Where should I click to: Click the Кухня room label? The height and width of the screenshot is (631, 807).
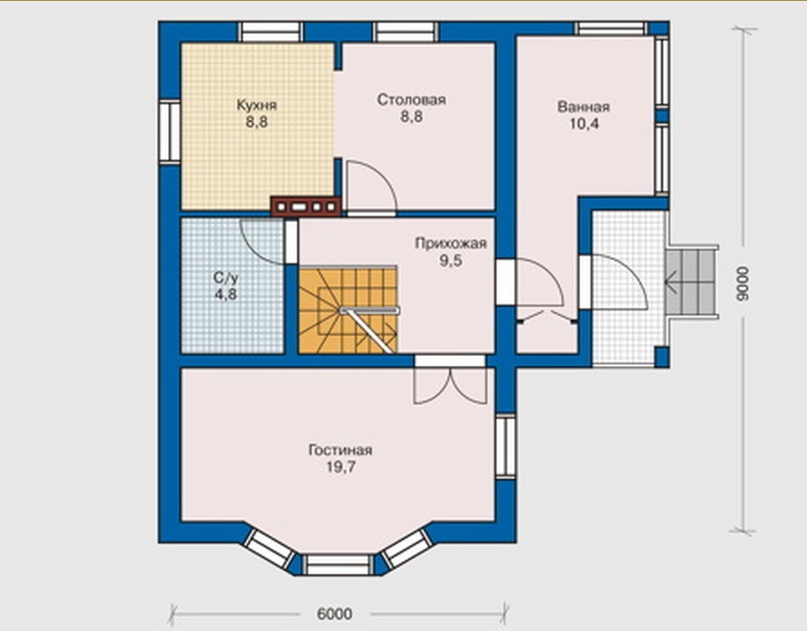click(x=257, y=105)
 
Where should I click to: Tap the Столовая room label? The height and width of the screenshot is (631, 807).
click(x=411, y=99)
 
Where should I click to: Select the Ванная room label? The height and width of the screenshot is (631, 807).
click(x=584, y=107)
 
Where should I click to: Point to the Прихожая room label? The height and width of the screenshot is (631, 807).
click(x=451, y=243)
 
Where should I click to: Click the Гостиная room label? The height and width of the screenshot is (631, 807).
click(x=340, y=450)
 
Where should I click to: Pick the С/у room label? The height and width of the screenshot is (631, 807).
click(x=226, y=278)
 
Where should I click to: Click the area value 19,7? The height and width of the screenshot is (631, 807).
click(x=341, y=467)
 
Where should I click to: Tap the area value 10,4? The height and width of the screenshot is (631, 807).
click(x=584, y=124)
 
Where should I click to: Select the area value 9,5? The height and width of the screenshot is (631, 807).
click(x=451, y=261)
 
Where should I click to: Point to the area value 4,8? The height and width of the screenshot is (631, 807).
click(x=226, y=294)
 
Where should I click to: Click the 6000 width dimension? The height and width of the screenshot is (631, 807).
click(x=334, y=614)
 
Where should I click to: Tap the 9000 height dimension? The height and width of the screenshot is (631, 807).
click(x=742, y=284)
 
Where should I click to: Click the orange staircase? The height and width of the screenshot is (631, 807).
click(x=348, y=309)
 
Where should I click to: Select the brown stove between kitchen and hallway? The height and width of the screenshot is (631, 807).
click(x=306, y=206)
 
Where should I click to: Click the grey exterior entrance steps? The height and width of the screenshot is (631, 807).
click(x=691, y=281)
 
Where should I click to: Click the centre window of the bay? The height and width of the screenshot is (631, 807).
click(x=338, y=564)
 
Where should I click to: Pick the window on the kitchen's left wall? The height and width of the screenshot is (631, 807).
click(x=169, y=132)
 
